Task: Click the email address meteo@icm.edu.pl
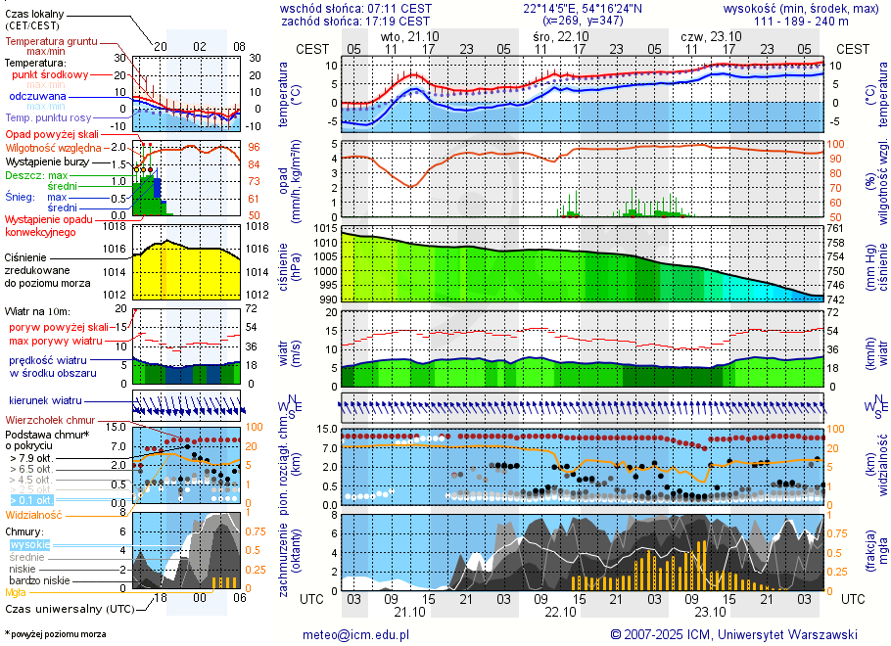tap(355, 634)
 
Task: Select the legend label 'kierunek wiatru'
tap(46, 401)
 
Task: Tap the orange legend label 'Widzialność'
tap(33, 514)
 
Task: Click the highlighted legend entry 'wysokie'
tap(29, 543)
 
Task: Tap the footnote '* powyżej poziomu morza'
tap(55, 634)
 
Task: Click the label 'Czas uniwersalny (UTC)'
tap(69, 609)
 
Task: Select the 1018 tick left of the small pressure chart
tap(116, 226)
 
